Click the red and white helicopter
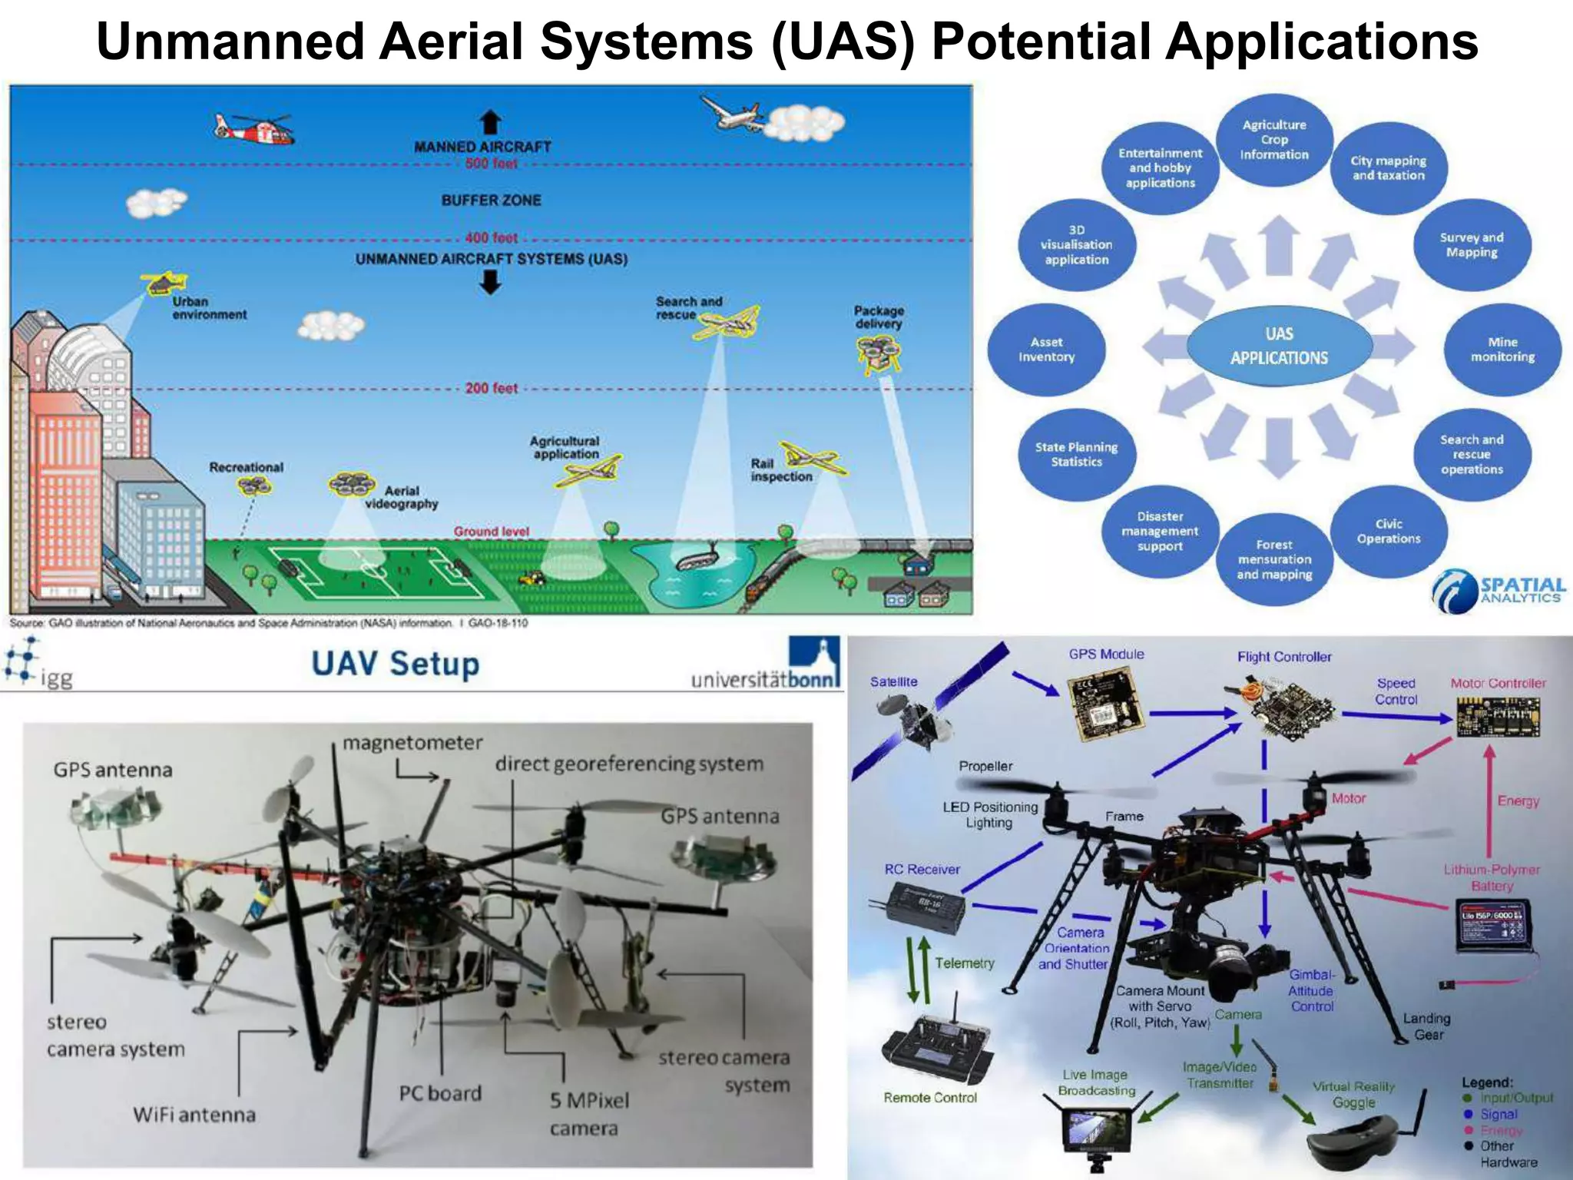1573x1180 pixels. click(254, 128)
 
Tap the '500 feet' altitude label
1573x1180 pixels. click(492, 164)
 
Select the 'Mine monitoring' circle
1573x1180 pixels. click(1502, 350)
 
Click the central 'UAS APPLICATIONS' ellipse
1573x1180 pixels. click(1279, 346)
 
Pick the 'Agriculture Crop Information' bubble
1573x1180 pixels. click(1274, 140)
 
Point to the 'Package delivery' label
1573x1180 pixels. click(879, 317)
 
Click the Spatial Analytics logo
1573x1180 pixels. click(1498, 591)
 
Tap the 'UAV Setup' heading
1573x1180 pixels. click(395, 664)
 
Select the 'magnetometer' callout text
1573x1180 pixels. click(412, 743)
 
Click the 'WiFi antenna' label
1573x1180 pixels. click(194, 1115)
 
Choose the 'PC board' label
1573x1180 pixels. click(440, 1093)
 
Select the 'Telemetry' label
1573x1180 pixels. click(965, 963)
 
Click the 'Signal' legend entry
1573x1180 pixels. click(1498, 1114)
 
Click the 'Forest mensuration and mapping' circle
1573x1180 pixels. click(1274, 559)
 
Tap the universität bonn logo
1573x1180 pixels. click(766, 665)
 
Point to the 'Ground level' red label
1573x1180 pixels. click(492, 532)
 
